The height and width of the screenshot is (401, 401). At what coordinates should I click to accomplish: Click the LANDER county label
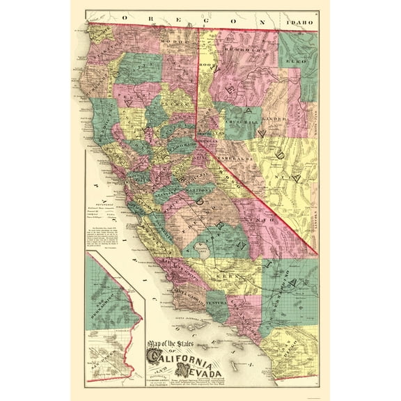click(x=273, y=119)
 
